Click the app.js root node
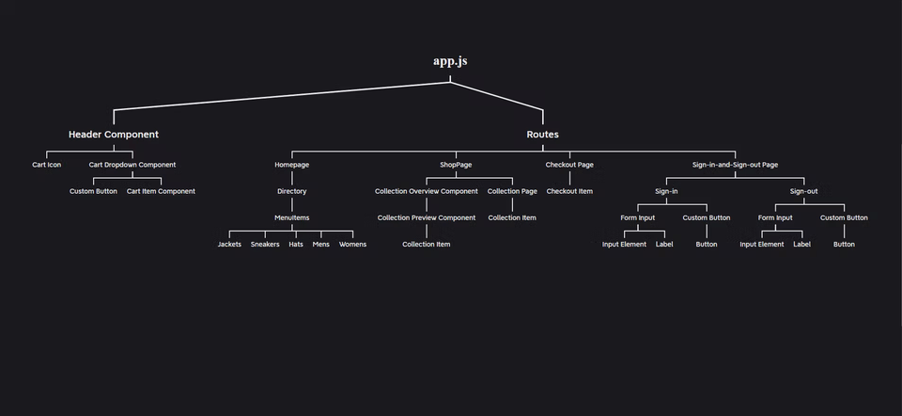tap(449, 61)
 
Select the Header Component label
tap(114, 135)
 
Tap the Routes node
tap(542, 135)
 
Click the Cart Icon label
tap(47, 165)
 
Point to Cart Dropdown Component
tap(132, 165)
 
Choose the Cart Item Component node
tap(161, 191)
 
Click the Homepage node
tap(291, 165)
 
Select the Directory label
tap(291, 191)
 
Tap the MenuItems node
tap(291, 217)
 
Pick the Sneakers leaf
tap(265, 244)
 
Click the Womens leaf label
tap(352, 244)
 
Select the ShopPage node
tap(456, 165)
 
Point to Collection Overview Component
tap(427, 191)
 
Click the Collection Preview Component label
tap(427, 217)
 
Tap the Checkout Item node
tap(569, 191)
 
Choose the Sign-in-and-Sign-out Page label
tap(735, 165)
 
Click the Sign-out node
tap(803, 191)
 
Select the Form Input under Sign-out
tap(775, 217)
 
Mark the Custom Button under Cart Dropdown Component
tap(94, 191)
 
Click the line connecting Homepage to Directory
tap(291, 178)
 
